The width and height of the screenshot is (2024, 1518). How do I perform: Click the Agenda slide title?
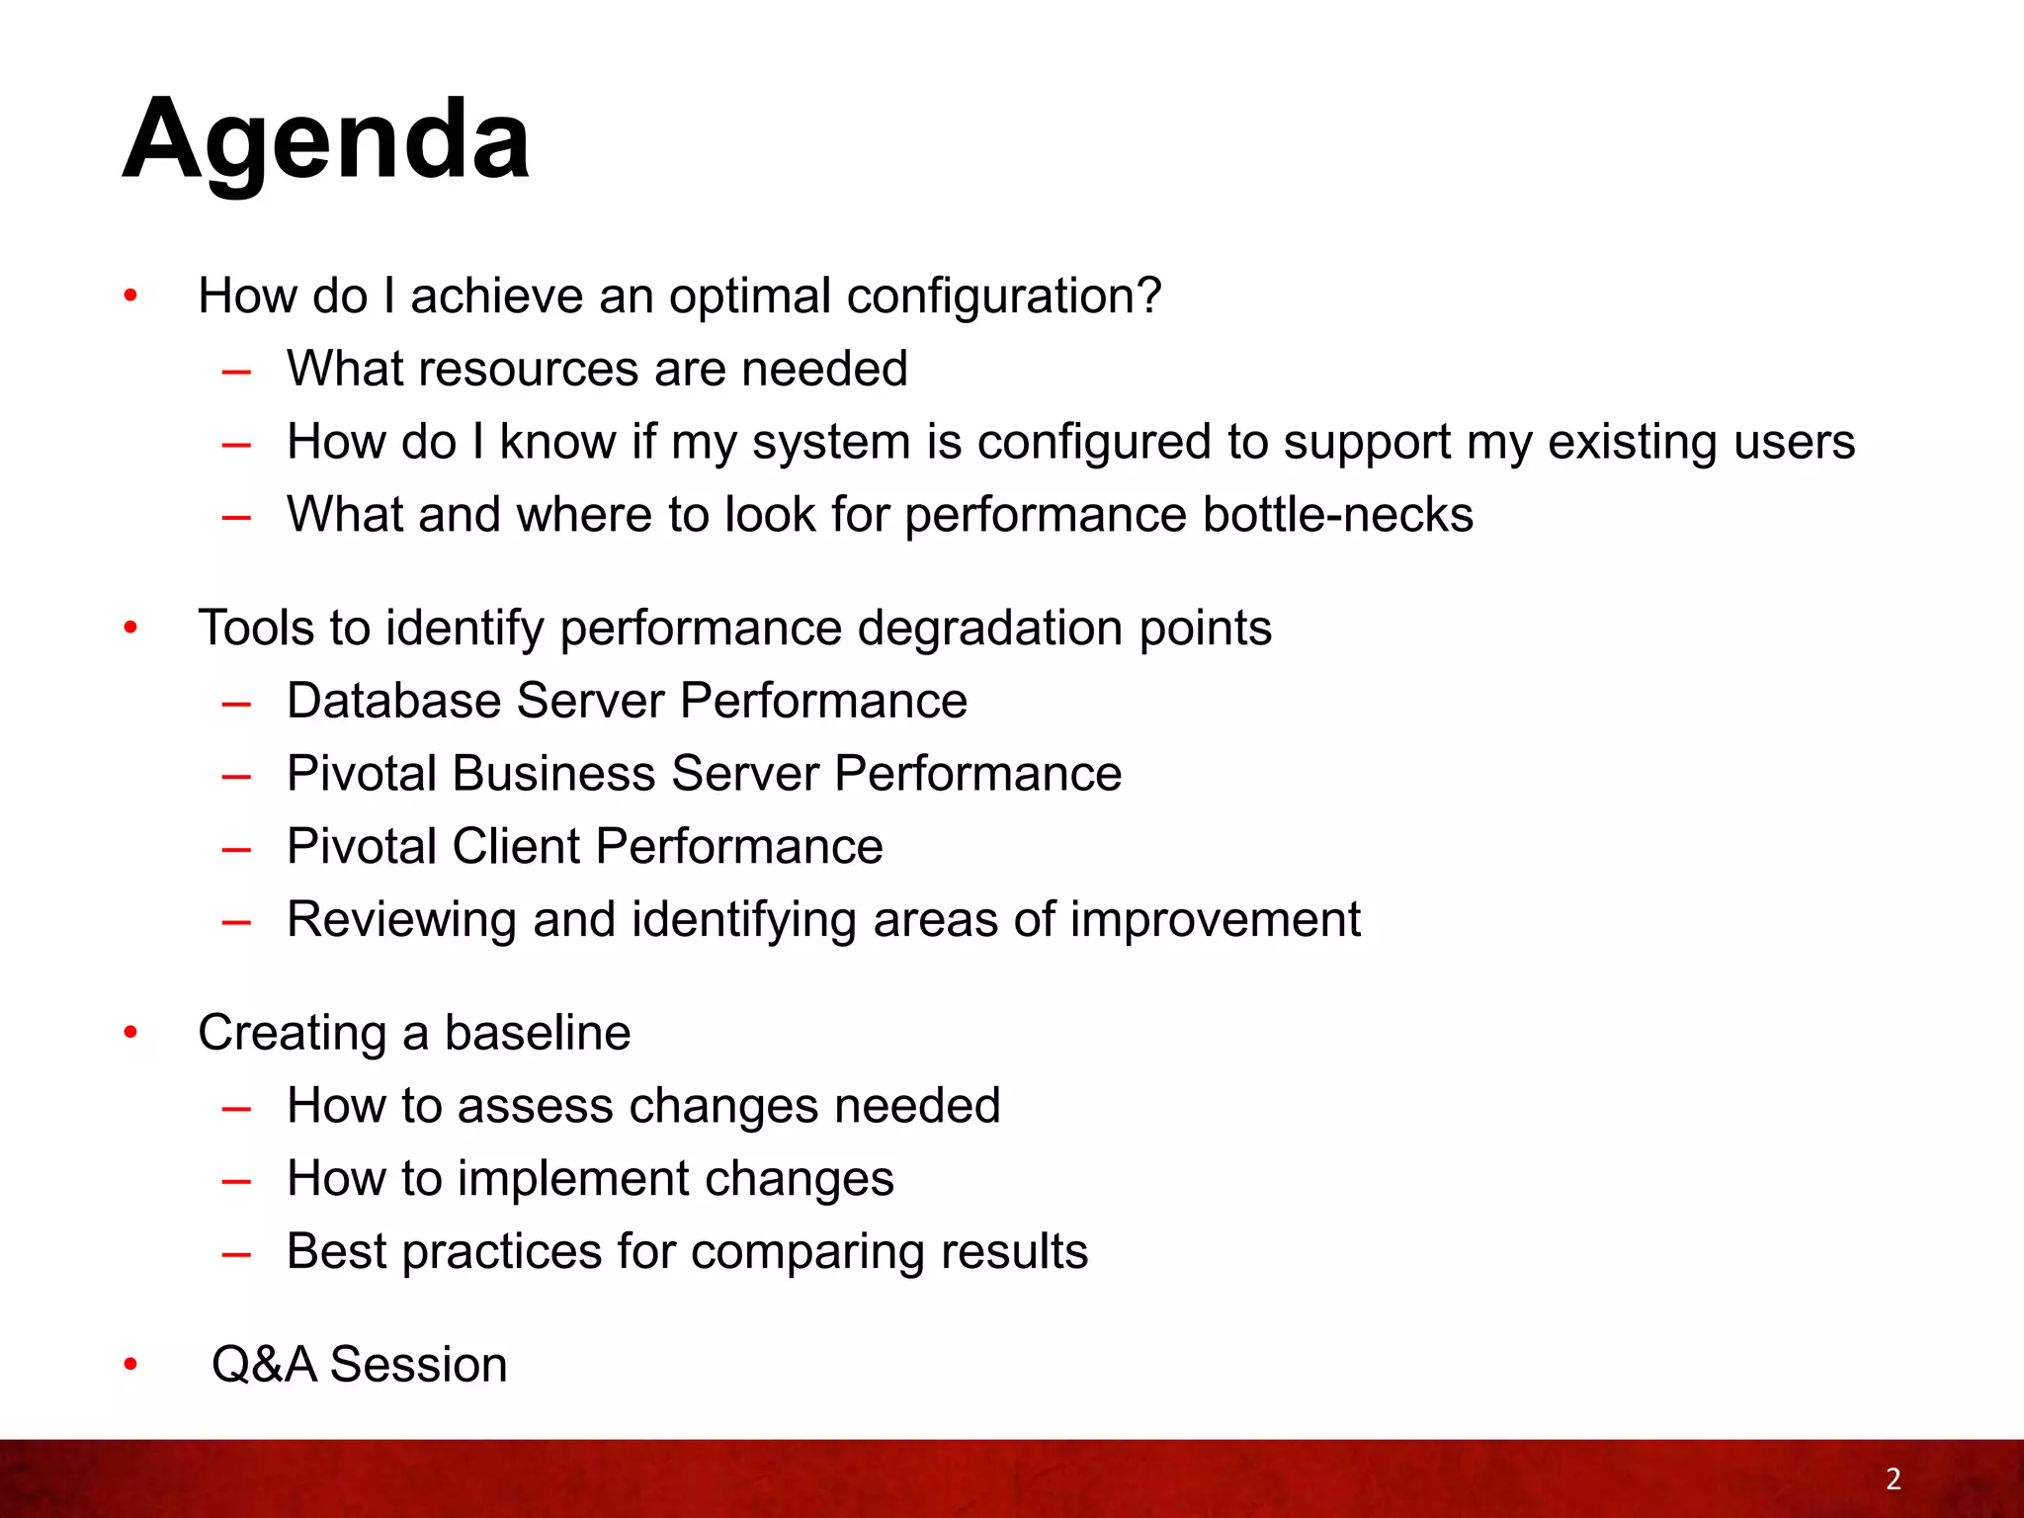326,140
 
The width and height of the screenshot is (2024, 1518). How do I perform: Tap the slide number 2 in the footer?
1893,1478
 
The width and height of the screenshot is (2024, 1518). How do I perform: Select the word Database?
393,701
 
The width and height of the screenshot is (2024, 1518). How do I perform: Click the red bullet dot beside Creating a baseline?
130,1034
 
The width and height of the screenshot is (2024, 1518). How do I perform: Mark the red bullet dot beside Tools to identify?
130,629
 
